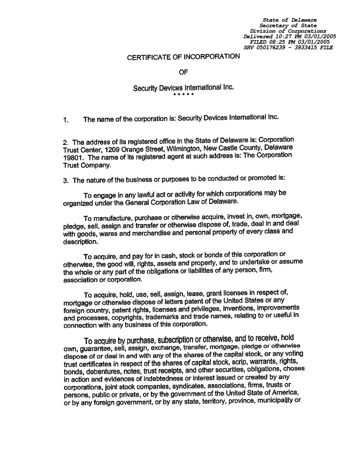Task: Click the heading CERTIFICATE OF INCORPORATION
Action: (x=184, y=57)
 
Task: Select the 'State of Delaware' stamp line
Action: (x=289, y=20)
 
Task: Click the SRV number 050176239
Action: (x=273, y=47)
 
